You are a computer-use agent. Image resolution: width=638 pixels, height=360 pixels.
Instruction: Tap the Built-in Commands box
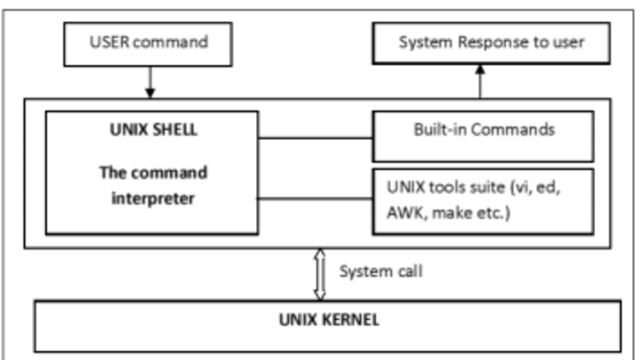click(482, 130)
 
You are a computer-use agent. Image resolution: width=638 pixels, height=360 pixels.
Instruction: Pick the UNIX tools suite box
click(482, 199)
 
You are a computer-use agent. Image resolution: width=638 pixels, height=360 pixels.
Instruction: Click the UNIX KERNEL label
click(318, 322)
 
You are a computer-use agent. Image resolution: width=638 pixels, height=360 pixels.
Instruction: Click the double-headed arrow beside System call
click(320, 273)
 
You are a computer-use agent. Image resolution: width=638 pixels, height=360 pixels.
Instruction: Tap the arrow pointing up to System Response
click(478, 80)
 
